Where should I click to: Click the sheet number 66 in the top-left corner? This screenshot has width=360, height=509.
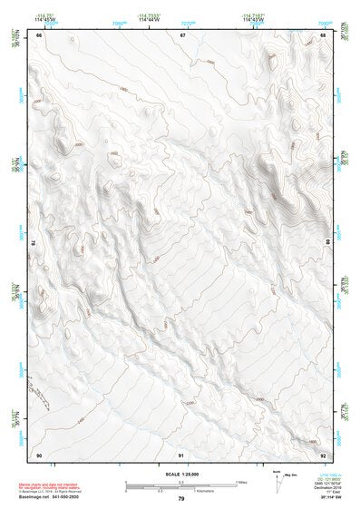click(39, 34)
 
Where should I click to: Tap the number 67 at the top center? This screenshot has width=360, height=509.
click(181, 34)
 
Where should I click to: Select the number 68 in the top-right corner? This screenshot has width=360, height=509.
click(324, 34)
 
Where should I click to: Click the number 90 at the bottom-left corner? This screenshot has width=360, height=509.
click(39, 455)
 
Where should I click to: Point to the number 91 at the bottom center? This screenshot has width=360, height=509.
click(181, 455)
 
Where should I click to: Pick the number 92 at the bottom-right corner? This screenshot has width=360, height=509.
click(324, 455)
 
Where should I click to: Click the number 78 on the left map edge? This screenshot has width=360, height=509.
click(34, 243)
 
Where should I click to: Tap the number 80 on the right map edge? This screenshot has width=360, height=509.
click(329, 243)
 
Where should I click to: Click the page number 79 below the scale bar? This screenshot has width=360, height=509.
click(181, 499)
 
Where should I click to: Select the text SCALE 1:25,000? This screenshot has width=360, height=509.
click(181, 474)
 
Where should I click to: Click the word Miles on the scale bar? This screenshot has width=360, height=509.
click(241, 482)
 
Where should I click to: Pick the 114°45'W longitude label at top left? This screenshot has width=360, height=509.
click(39, 19)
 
